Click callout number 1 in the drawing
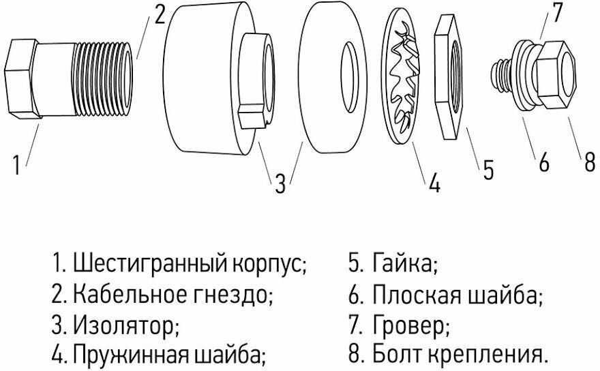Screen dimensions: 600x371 point(18,165)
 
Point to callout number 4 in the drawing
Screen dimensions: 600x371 point(434,182)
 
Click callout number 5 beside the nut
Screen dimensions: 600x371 point(488,170)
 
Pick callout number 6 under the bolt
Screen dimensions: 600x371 point(543,164)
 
